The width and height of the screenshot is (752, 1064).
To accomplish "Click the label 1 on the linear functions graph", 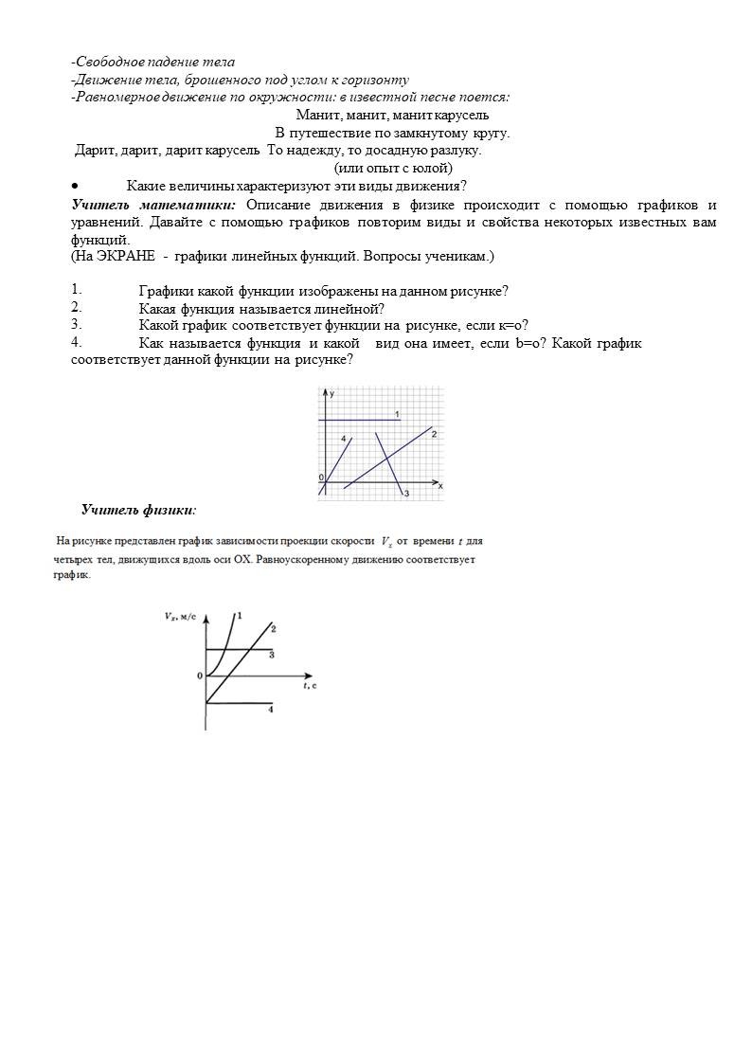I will (398, 414).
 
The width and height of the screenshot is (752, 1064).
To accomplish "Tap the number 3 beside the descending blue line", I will (406, 494).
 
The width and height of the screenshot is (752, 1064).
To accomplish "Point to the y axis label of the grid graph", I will (331, 392).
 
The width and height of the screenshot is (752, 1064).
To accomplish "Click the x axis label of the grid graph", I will (440, 485).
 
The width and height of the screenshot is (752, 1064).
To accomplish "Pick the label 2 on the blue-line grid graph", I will (433, 434).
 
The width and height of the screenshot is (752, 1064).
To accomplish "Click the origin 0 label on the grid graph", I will (320, 478).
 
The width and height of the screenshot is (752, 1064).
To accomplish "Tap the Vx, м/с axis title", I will (180, 616).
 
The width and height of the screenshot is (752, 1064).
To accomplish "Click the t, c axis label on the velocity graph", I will (309, 684).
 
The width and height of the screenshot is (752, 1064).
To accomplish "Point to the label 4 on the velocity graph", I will (271, 709).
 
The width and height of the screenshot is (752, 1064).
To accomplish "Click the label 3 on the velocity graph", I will (272, 655).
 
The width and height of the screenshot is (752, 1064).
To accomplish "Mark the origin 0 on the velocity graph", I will (200, 676).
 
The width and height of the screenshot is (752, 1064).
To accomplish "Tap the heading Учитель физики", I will (138, 510).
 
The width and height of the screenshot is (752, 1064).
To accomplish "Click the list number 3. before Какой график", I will (76, 324).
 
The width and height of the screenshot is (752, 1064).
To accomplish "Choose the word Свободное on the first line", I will (110, 63).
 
